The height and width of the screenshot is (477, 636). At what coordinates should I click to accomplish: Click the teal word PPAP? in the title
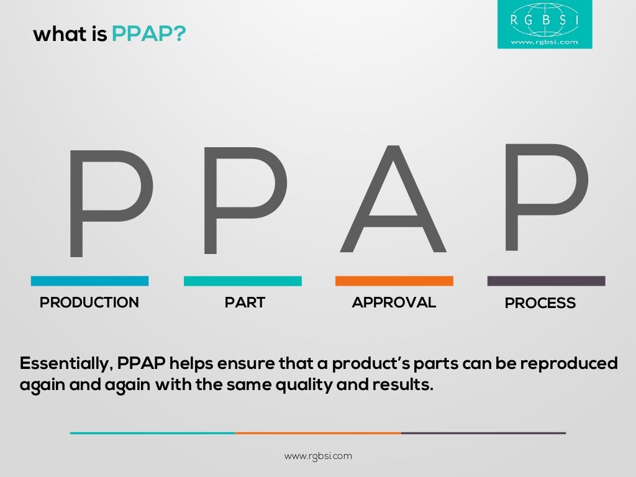[x=148, y=34]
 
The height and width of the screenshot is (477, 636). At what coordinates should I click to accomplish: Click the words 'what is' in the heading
[x=70, y=34]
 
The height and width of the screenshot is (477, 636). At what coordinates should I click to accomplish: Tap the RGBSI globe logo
[x=544, y=24]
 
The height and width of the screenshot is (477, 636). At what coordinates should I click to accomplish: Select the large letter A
[x=393, y=199]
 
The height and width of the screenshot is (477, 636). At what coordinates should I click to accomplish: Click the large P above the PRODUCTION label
[x=109, y=202]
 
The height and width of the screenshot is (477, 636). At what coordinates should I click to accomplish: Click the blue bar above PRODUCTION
[x=89, y=281]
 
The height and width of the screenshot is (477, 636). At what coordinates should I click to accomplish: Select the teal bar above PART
[x=242, y=281]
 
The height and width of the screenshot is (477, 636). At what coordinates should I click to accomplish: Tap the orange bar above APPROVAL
[x=394, y=281]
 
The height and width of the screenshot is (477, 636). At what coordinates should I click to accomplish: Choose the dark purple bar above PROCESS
[x=546, y=281]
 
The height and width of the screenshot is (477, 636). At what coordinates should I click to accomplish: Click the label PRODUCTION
[x=89, y=302]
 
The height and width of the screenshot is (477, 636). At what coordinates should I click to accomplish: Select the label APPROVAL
[x=394, y=302]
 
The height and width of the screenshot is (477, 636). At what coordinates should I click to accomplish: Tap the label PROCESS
[x=540, y=303]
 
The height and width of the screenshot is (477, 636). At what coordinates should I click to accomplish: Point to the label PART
[x=245, y=302]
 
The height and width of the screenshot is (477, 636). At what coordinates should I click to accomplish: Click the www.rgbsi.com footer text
[x=318, y=456]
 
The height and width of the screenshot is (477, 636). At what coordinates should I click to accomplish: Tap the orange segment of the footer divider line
[x=318, y=433]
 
